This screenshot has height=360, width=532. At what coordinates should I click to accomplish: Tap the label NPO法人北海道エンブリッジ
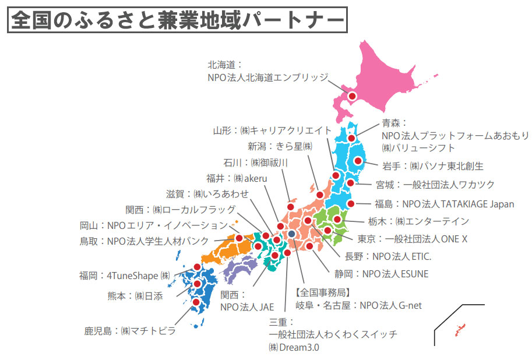click(267, 77)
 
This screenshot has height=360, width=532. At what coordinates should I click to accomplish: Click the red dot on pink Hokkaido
click(353, 96)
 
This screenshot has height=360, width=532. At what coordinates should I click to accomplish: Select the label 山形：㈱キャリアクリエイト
click(273, 130)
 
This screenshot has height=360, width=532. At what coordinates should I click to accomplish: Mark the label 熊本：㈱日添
click(135, 296)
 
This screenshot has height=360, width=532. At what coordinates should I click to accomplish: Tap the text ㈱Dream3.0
click(294, 347)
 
